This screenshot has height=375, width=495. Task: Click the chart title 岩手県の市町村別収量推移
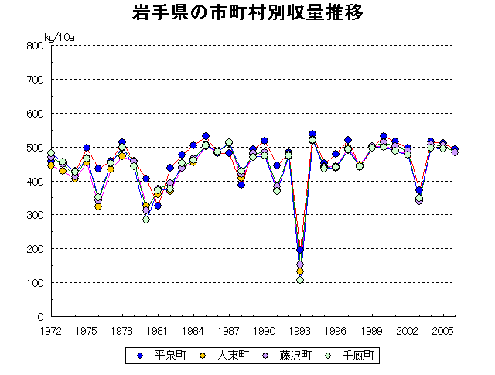click(x=247, y=15)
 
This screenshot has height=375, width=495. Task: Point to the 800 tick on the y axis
click(x=34, y=46)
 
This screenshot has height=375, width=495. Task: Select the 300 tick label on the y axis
click(x=34, y=215)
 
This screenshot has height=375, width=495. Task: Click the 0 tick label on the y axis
click(x=39, y=317)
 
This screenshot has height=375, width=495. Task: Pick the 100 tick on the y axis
click(x=34, y=283)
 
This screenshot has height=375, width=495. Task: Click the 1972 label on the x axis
click(x=51, y=330)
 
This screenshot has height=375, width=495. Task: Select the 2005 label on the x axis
click(x=442, y=330)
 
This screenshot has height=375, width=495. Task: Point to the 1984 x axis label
click(x=193, y=330)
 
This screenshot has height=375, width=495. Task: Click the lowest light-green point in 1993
click(x=300, y=279)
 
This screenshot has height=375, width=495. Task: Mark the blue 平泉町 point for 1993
click(x=300, y=251)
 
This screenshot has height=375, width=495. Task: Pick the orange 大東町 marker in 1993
click(x=300, y=271)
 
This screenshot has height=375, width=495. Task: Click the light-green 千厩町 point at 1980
click(x=146, y=220)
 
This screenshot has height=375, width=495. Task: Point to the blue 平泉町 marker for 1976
click(x=98, y=169)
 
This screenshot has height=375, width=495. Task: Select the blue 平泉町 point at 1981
click(x=158, y=206)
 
